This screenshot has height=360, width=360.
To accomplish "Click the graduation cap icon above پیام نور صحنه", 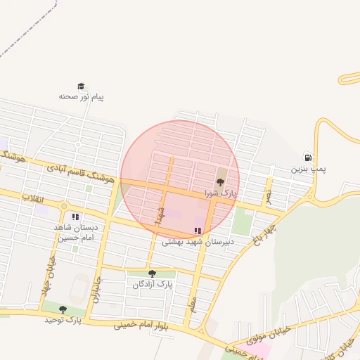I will (81, 86).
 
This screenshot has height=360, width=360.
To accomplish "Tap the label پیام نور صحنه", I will (81, 96).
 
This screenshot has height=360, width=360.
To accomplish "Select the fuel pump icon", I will (307, 157).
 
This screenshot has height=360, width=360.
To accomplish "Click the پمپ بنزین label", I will (310, 169).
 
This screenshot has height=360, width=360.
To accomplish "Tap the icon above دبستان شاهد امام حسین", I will (75, 217).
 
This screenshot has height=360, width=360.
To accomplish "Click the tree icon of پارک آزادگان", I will (152, 274).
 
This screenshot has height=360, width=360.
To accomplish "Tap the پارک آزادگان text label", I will (152, 284).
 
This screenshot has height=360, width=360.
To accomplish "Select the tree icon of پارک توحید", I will (63, 309).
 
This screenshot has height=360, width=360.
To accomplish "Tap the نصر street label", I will (267, 193).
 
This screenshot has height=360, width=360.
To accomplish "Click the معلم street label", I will (193, 304).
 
